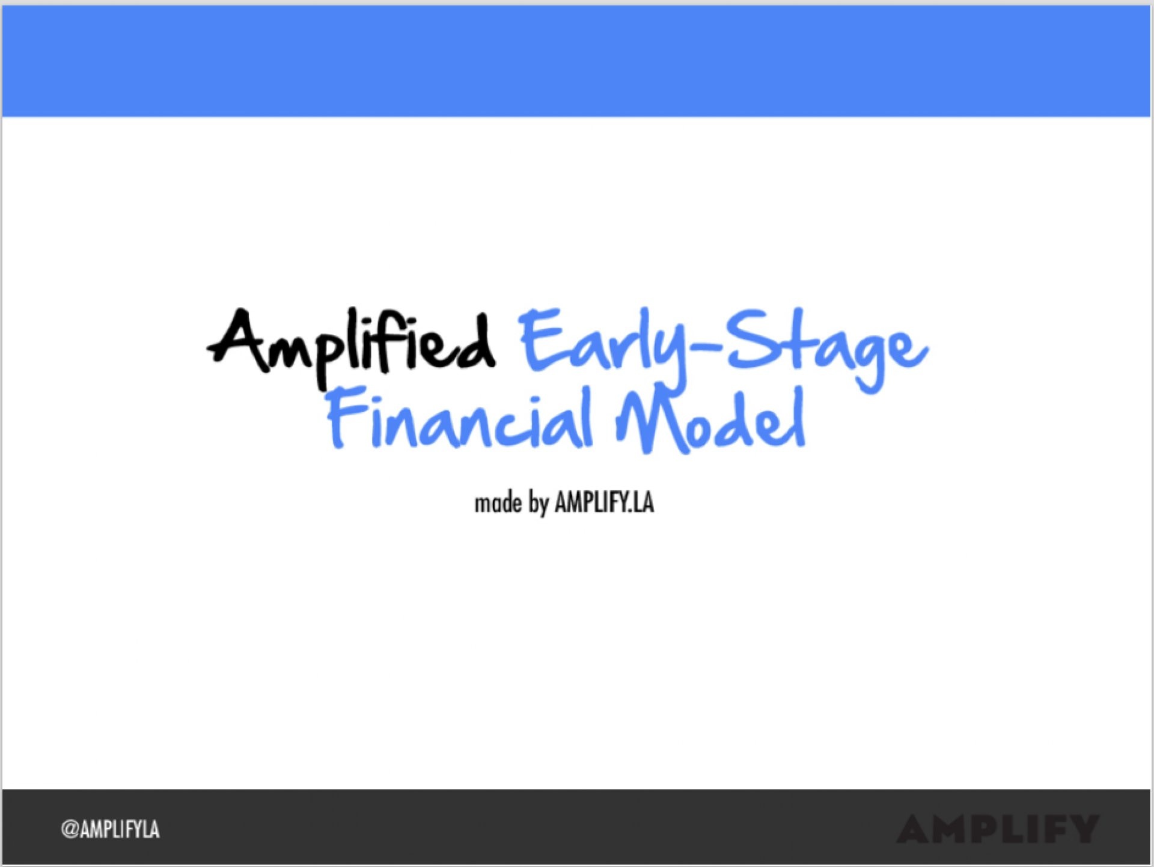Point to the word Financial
[460, 418]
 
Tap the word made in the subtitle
[498, 502]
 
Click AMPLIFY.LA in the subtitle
[604, 502]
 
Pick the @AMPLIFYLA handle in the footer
[110, 830]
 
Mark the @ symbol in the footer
[70, 830]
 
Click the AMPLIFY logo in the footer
[998, 829]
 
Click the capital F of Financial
[347, 417]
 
